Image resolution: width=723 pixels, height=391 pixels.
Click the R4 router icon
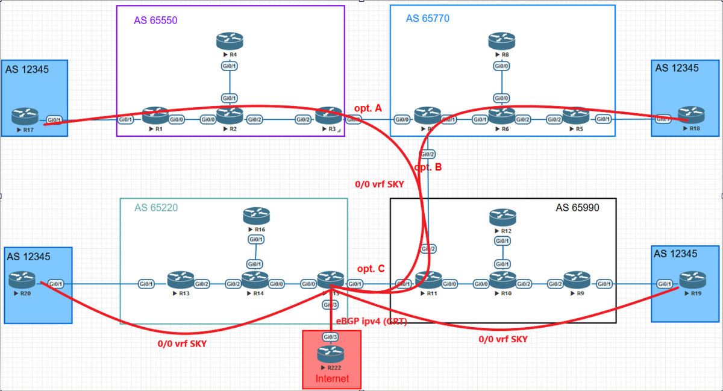click(230, 41)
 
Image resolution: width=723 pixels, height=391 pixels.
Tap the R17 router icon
click(24, 117)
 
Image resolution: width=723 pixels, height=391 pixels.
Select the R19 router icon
click(692, 280)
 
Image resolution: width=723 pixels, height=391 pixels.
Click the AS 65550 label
click(155, 20)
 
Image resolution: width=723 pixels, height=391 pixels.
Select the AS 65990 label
click(577, 207)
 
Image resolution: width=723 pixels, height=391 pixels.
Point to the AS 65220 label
click(157, 208)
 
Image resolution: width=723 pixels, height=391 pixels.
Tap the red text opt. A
click(369, 108)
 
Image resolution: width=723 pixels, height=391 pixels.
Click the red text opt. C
click(371, 269)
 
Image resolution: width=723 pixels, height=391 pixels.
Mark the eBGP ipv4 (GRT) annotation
click(371, 322)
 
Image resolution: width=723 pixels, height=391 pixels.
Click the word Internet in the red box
click(332, 380)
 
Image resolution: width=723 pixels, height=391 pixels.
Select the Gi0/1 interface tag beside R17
click(54, 120)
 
